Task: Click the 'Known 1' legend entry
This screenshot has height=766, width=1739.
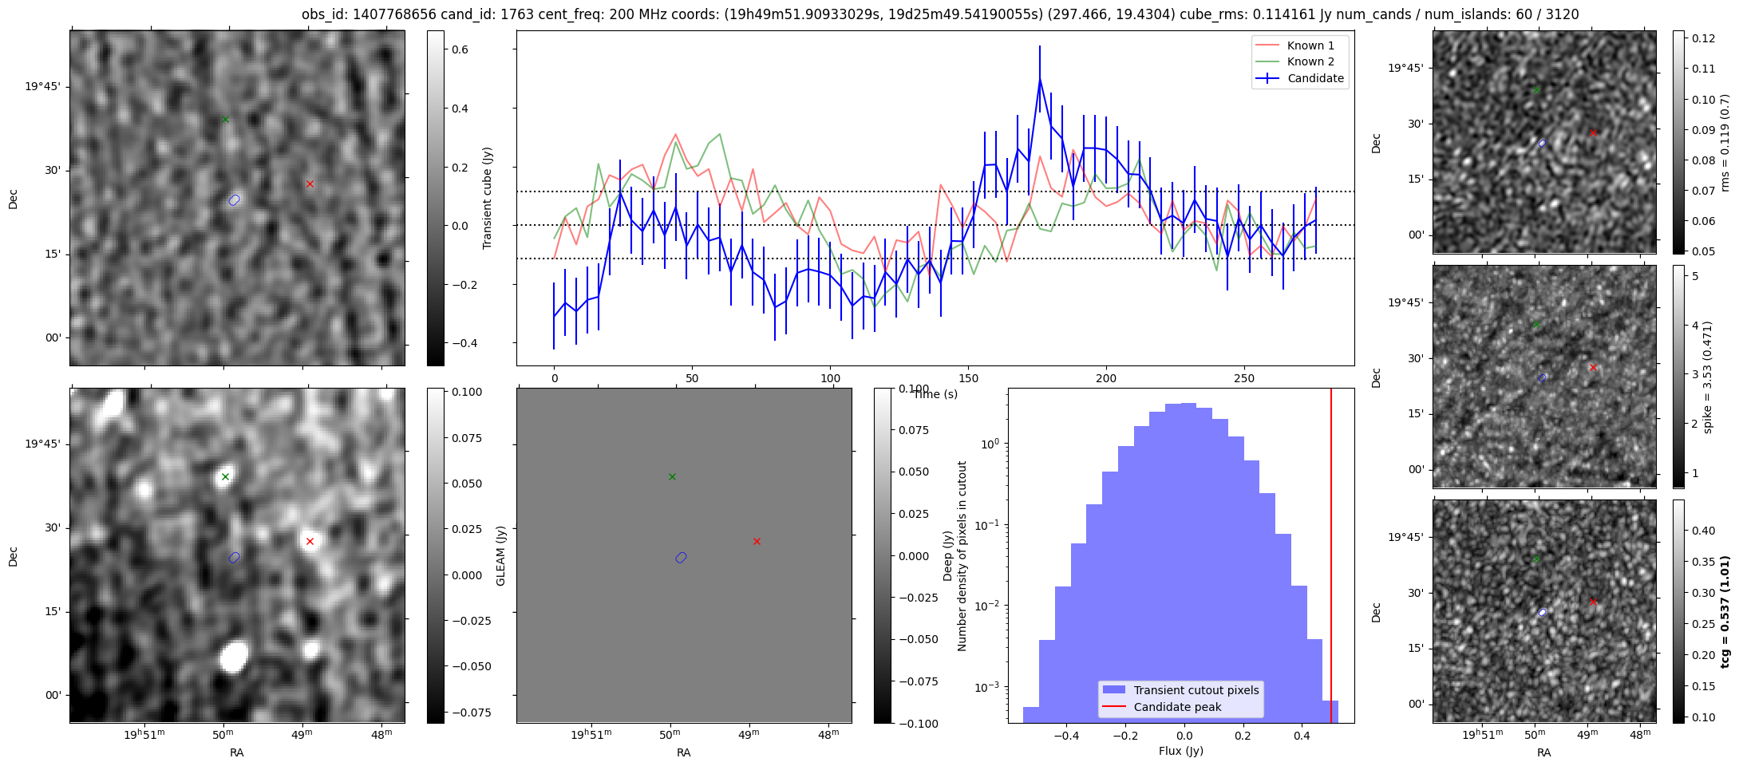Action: point(1310,45)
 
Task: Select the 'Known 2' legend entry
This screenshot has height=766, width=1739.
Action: point(1310,61)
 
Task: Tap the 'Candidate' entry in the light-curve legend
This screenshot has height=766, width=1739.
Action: point(1315,78)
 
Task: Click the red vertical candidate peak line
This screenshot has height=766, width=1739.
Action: point(1331,559)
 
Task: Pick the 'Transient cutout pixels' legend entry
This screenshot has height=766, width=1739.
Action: point(1196,690)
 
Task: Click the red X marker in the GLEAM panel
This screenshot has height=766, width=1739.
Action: point(757,541)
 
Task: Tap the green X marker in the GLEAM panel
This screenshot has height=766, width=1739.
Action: point(672,476)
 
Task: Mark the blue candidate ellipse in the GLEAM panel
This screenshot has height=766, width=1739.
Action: point(681,558)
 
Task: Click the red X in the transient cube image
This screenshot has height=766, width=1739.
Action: point(310,184)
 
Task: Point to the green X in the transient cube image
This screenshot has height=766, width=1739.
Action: point(225,119)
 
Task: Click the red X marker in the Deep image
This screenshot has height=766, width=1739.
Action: point(310,541)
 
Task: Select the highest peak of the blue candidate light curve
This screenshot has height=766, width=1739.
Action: point(1040,78)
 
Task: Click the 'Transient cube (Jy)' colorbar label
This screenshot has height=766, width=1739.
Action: point(488,198)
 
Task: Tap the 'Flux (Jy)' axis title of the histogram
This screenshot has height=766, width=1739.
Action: point(1180,751)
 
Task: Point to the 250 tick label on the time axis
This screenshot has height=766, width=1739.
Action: point(1244,378)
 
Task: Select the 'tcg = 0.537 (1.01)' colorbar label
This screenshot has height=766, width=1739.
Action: point(1725,611)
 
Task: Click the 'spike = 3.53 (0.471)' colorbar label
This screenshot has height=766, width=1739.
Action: point(1709,377)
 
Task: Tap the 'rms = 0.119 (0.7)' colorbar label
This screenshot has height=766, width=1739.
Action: point(1725,142)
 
